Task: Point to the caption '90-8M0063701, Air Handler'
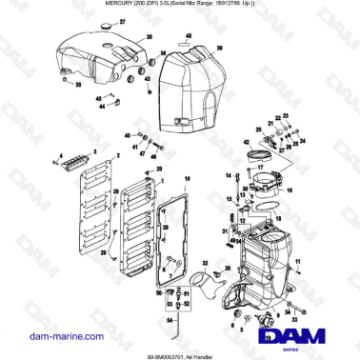pos(179,354)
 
